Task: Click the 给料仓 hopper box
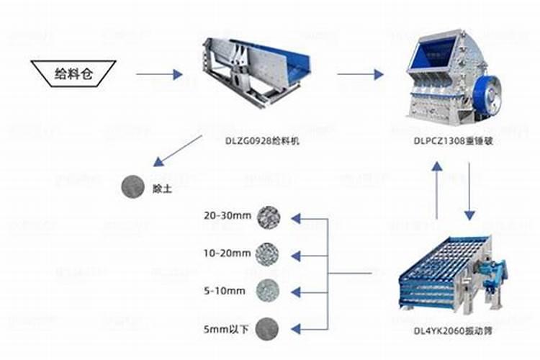(x=74, y=73)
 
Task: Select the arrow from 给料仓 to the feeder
(x=159, y=73)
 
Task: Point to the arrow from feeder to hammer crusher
(x=360, y=73)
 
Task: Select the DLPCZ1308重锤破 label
(x=454, y=140)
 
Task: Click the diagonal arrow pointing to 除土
(x=177, y=153)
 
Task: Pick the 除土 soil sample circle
(x=132, y=186)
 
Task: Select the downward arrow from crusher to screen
(x=469, y=191)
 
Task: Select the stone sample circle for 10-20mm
(x=269, y=253)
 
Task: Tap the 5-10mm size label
(x=225, y=291)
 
